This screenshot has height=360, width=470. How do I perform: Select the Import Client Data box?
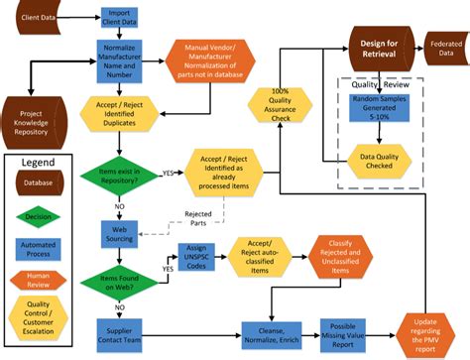[x=117, y=17]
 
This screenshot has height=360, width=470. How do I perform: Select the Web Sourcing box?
[x=118, y=233]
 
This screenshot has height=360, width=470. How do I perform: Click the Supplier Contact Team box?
[x=118, y=331]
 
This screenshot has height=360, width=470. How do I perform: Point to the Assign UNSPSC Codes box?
[x=197, y=260]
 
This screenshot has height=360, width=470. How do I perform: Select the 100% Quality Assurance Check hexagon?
[x=280, y=105]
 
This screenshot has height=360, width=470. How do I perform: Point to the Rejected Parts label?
[x=203, y=216]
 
